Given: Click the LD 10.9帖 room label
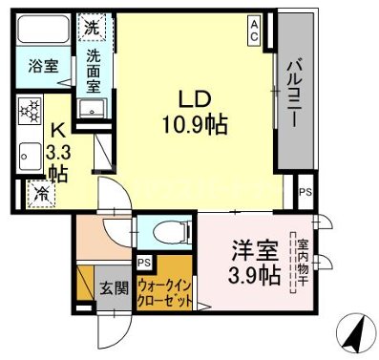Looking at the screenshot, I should click(199, 112).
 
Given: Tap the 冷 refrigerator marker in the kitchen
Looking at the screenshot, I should click(42, 192).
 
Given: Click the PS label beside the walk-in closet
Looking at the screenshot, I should click(144, 262).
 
